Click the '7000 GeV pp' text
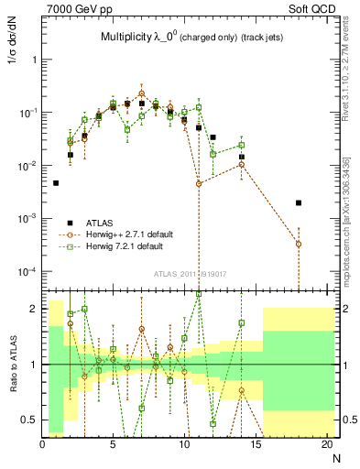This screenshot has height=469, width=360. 74,8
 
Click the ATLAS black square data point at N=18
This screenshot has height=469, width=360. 299,202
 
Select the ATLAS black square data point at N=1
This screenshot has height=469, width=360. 56,183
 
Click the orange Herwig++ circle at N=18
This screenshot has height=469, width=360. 299,244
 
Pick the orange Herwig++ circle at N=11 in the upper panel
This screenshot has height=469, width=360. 199,184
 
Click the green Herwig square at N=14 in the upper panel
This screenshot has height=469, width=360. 242,145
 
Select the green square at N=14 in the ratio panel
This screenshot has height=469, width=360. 242,322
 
